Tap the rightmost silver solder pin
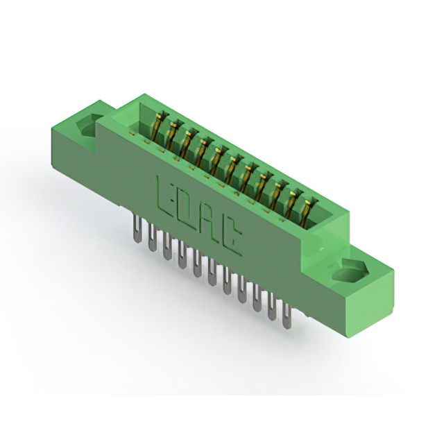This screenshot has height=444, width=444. pos(287,315)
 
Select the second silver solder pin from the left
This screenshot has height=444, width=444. pos(152,237)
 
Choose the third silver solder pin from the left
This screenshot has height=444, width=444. pos(167,246)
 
